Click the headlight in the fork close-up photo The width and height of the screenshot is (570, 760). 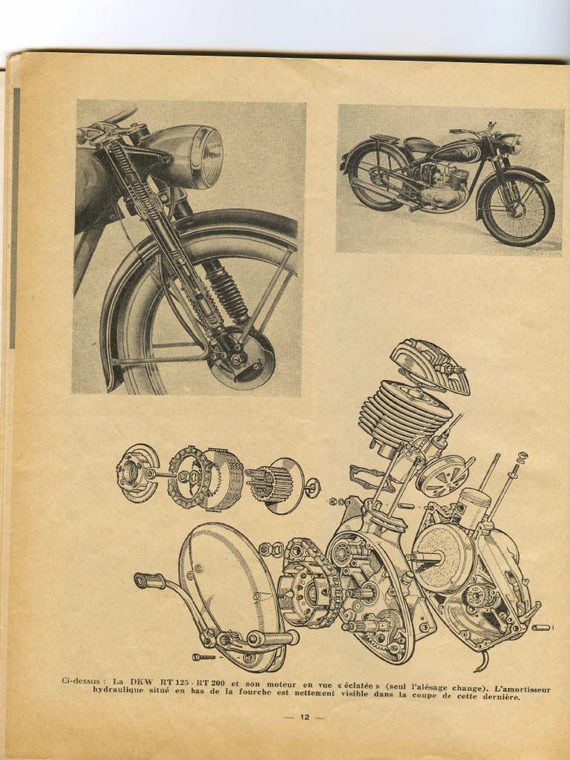click(194, 155)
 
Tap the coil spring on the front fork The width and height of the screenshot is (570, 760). click(226, 292)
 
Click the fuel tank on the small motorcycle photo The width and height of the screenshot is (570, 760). click(453, 153)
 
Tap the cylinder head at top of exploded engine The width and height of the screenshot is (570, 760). click(430, 364)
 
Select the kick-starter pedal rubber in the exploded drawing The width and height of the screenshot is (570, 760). click(150, 580)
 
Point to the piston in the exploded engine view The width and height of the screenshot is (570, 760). click(474, 506)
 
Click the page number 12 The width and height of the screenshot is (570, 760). click(304, 717)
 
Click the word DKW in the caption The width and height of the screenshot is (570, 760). click(141, 680)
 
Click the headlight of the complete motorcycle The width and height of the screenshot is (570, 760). click(511, 143)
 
